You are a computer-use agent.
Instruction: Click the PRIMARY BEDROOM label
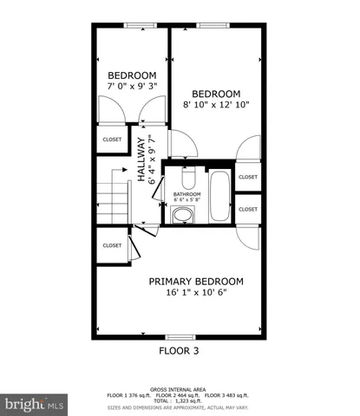click(x=195, y=282)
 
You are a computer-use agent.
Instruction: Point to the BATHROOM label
click(x=187, y=193)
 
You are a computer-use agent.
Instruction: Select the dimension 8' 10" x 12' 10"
click(x=215, y=106)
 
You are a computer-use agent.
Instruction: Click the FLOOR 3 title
click(x=179, y=351)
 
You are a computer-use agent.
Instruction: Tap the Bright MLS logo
click(x=35, y=404)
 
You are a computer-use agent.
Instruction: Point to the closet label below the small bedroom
click(x=112, y=139)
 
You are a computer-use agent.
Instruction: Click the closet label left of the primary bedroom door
click(x=112, y=245)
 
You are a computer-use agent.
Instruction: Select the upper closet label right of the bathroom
click(x=248, y=177)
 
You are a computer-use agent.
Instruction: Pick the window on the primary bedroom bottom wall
click(x=179, y=335)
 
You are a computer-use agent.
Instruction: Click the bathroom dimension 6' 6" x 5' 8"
click(x=187, y=200)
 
